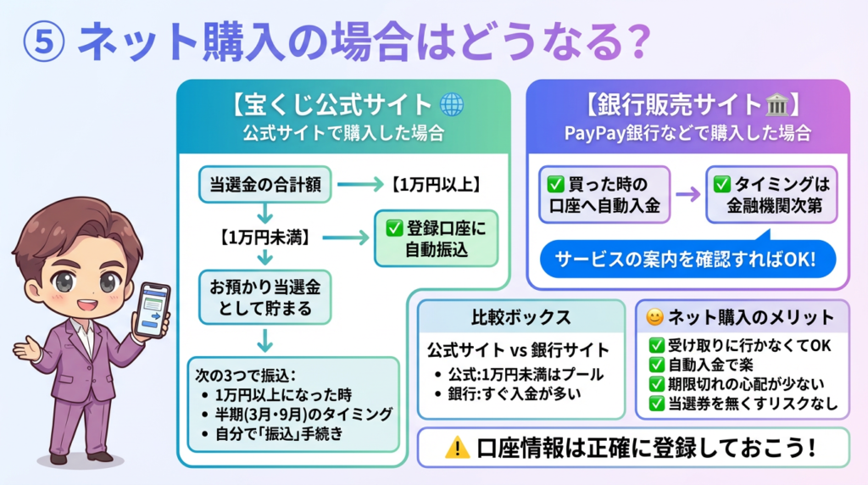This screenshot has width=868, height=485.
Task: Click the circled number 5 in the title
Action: (44, 42)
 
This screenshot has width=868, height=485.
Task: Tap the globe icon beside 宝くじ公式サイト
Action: (452, 104)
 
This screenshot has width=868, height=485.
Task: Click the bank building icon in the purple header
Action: (777, 104)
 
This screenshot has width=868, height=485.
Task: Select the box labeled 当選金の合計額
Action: (265, 184)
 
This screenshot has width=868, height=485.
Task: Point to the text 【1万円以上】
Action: (437, 184)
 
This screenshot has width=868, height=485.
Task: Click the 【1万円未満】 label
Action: (264, 237)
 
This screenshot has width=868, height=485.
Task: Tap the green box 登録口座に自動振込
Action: (437, 238)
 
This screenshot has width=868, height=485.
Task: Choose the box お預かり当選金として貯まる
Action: (265, 298)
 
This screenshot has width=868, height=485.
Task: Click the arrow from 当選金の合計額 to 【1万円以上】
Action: (360, 184)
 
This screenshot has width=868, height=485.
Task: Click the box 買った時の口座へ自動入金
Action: (604, 195)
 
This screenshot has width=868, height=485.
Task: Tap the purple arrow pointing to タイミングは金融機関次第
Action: (688, 194)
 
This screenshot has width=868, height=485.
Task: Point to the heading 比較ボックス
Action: (521, 317)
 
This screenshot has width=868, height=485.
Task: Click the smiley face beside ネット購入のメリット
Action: (655, 317)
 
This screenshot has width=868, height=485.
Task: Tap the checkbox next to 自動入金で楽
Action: (657, 365)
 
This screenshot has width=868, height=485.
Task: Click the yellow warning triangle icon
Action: (457, 448)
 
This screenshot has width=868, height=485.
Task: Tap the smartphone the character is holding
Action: (151, 310)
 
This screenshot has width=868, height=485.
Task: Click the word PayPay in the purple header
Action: (594, 133)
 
